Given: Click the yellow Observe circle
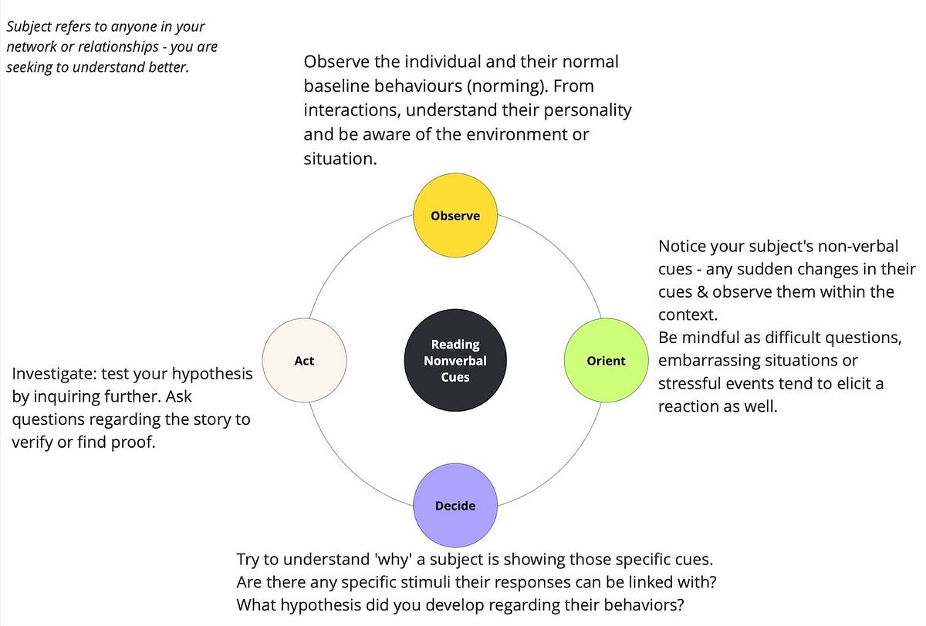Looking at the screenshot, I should coord(455,216).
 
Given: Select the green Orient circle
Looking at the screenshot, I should coord(607,360).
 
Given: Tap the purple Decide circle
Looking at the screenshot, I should coord(455,505).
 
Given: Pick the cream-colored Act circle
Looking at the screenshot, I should coord(304,360).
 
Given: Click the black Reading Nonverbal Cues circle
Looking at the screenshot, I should coord(455,360).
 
